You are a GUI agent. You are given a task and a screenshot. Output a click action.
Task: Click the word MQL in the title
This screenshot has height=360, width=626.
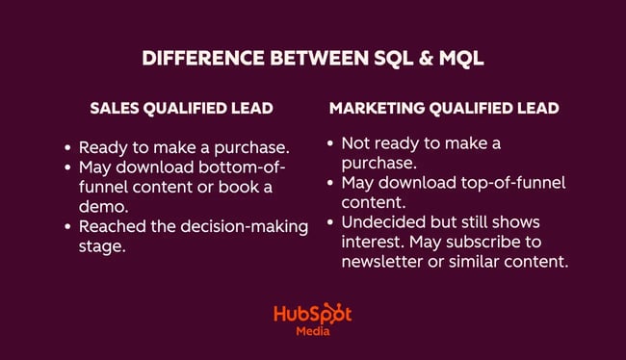[457, 58]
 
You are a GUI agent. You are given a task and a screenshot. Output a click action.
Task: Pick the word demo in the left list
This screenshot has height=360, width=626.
[99, 207]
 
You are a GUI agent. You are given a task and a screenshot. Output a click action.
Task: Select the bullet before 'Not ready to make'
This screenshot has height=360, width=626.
[331, 143]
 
